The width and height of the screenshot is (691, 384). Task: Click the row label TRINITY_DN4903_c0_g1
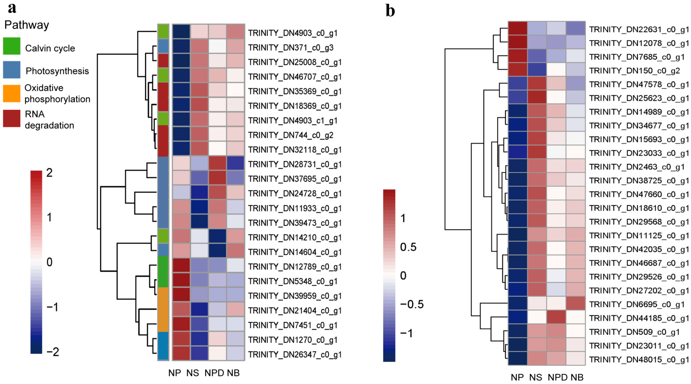click(x=292, y=33)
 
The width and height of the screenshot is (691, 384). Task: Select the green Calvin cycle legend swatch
click(x=12, y=46)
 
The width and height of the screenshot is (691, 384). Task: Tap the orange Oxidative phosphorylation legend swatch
click(x=12, y=94)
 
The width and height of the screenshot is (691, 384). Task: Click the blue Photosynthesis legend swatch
click(x=12, y=70)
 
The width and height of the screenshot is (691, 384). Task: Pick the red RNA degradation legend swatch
click(x=12, y=118)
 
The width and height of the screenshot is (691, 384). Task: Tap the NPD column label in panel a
click(x=214, y=373)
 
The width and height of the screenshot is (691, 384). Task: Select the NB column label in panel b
click(x=577, y=377)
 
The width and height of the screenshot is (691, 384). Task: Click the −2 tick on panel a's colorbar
click(x=53, y=352)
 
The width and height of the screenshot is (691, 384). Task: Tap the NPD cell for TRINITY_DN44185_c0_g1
click(x=556, y=318)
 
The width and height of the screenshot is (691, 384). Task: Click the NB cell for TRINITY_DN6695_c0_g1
click(x=576, y=304)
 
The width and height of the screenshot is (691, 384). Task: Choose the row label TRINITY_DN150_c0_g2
click(x=634, y=71)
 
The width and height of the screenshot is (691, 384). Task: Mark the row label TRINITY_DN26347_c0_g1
click(x=294, y=355)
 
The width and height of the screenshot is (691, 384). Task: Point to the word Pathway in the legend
click(x=27, y=25)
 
